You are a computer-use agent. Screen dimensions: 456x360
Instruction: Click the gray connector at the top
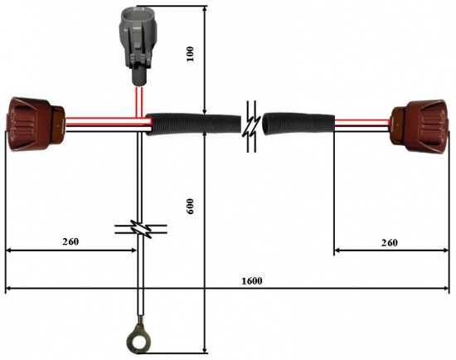coord(138,45)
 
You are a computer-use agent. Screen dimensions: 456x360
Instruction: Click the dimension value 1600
coord(252,281)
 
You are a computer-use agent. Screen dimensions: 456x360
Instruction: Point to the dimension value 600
coord(190,206)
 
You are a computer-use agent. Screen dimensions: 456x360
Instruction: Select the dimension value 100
coord(190,54)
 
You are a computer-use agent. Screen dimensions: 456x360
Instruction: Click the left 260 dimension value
coord(70,241)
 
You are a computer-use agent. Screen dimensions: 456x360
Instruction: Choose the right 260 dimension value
coord(389,242)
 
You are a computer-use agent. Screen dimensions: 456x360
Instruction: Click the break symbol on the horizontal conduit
coord(252,126)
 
